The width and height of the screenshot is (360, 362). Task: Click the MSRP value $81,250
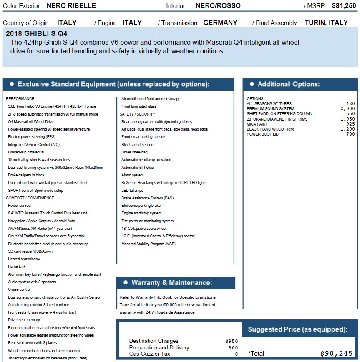click(x=344, y=6)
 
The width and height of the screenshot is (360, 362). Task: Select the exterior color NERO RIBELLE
click(x=71, y=6)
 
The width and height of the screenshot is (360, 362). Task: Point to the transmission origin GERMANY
click(x=220, y=23)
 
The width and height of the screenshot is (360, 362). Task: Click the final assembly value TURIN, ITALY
click(x=326, y=23)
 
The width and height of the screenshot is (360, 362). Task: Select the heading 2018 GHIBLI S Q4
click(x=37, y=33)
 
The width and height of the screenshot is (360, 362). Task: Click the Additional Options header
click(x=289, y=84)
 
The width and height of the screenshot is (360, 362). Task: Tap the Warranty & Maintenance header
click(x=171, y=283)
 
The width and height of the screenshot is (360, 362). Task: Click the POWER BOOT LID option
click(x=262, y=134)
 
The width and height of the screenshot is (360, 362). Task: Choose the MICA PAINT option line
click(x=258, y=124)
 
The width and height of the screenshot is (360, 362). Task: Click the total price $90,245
click(x=336, y=354)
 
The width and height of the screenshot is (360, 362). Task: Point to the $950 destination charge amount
click(x=232, y=341)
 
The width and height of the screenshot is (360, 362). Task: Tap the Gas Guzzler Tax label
click(x=150, y=354)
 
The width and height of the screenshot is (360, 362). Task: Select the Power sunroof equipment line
click(x=20, y=206)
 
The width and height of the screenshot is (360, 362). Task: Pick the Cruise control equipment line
click(x=19, y=289)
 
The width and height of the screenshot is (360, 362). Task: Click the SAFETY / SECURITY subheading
click(x=137, y=114)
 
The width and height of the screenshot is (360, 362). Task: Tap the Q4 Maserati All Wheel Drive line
click(x=31, y=122)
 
